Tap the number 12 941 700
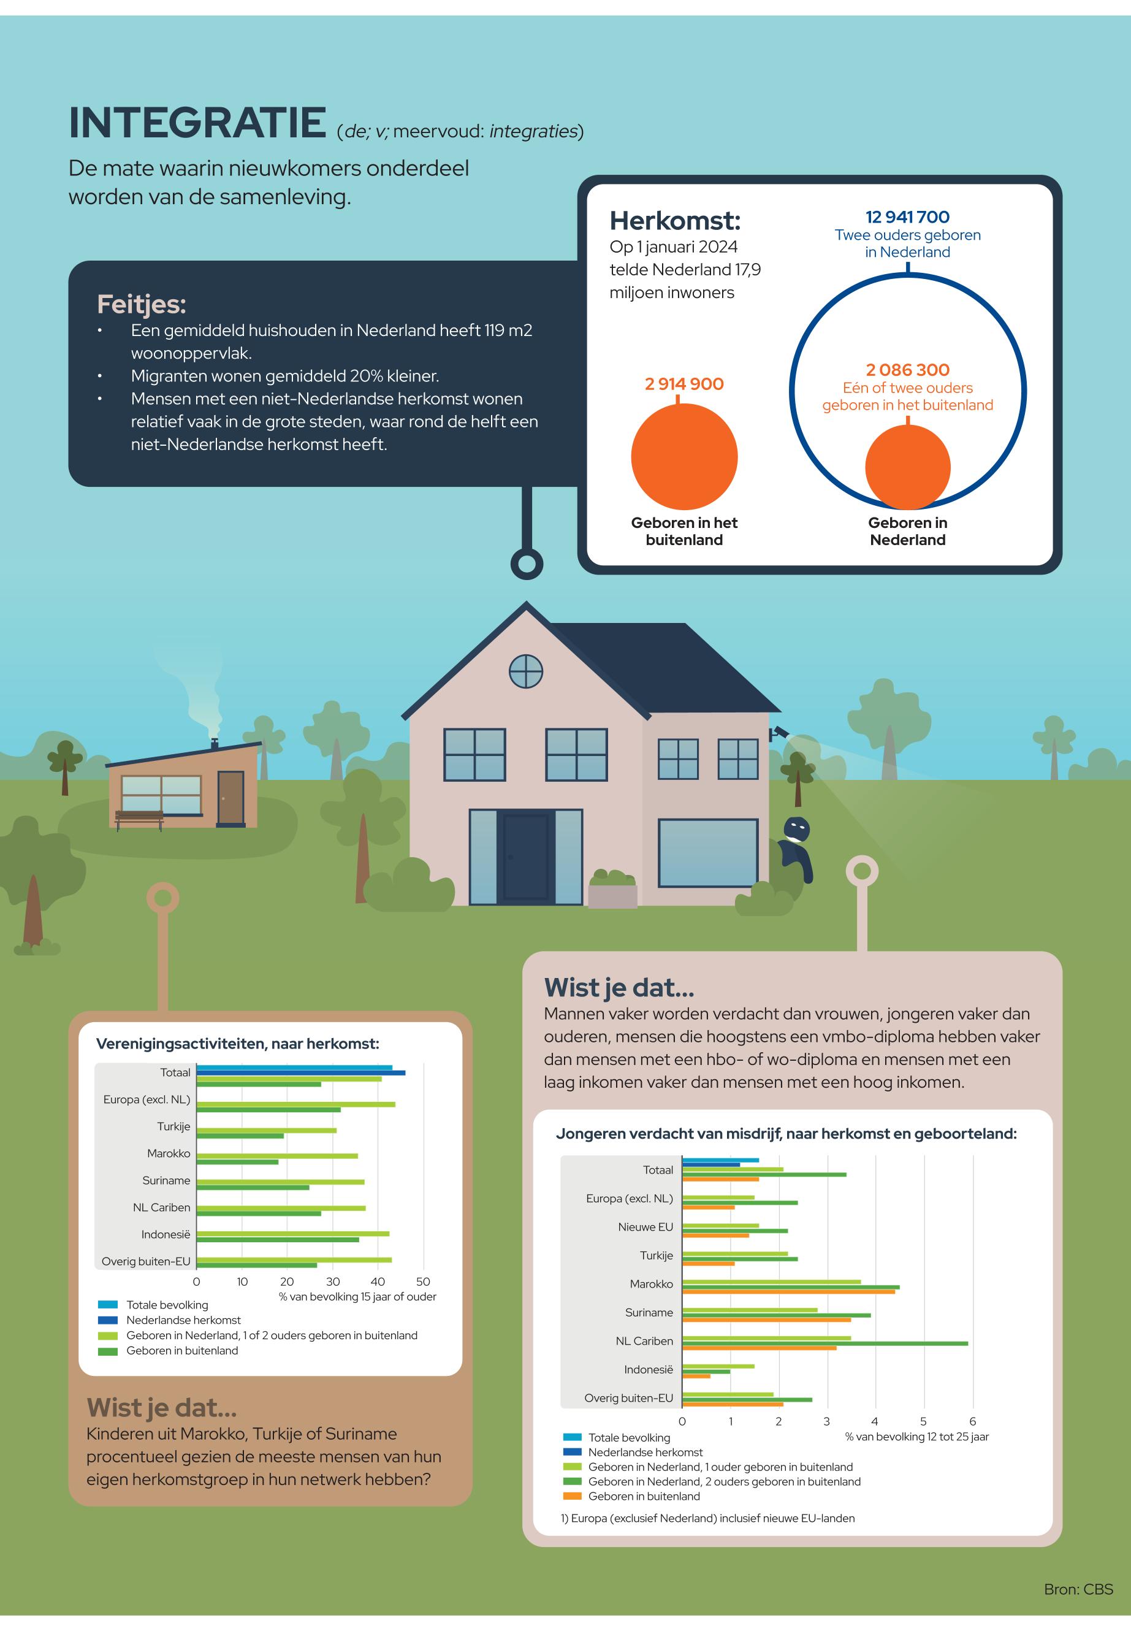907,217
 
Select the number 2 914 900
684,384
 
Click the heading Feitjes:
141,304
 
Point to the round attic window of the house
526,671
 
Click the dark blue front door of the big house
525,857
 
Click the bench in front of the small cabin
139,819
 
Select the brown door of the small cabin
230,798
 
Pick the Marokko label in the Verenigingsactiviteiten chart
169,1153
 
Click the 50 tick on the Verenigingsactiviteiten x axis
423,1281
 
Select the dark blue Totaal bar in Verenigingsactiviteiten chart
300,1073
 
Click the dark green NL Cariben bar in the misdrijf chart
825,1343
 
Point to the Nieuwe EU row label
645,1227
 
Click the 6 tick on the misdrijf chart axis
972,1421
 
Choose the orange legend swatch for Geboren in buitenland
572,1496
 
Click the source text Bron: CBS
1078,1589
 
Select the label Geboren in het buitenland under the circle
684,531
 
